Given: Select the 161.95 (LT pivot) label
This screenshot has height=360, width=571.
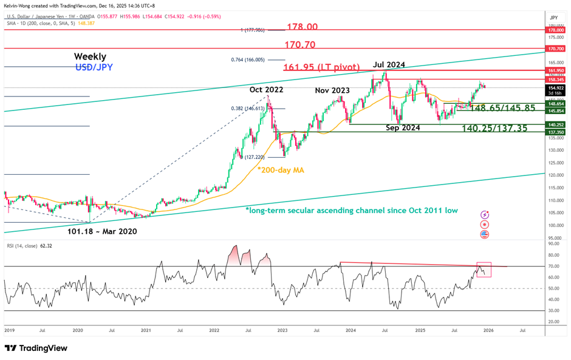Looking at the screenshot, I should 323,66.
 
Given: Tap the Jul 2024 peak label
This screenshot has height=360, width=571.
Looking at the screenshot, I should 388,65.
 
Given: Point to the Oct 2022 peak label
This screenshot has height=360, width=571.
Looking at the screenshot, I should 265,89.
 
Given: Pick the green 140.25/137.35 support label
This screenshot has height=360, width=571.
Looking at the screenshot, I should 494,128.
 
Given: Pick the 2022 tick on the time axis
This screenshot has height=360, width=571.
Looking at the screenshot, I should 214,330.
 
